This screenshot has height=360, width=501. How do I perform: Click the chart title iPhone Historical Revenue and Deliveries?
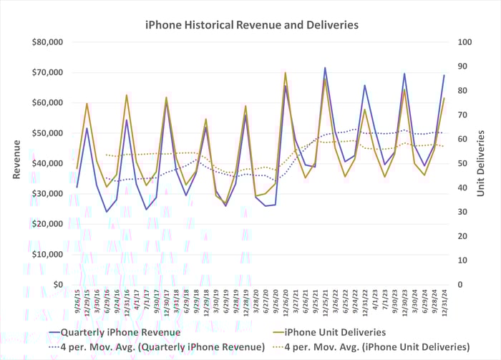click(x=251, y=25)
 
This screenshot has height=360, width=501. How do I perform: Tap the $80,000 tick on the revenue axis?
click(x=49, y=42)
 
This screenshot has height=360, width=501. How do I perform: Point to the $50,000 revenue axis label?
click(x=49, y=133)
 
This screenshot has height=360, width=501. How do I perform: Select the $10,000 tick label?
click(x=49, y=254)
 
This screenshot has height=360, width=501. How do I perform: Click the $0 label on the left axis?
click(x=58, y=285)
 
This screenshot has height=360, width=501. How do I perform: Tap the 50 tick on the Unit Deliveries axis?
click(x=462, y=163)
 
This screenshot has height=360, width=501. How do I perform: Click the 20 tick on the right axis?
click(x=462, y=236)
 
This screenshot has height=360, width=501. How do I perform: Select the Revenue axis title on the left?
click(x=16, y=163)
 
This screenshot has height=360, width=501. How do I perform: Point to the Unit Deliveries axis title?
click(x=482, y=163)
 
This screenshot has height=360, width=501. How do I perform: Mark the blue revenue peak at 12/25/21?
click(x=325, y=68)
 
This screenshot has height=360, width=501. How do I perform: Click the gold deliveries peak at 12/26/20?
click(x=286, y=73)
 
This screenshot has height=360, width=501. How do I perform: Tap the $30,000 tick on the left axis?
click(x=49, y=194)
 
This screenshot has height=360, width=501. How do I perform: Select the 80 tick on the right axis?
click(x=462, y=91)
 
